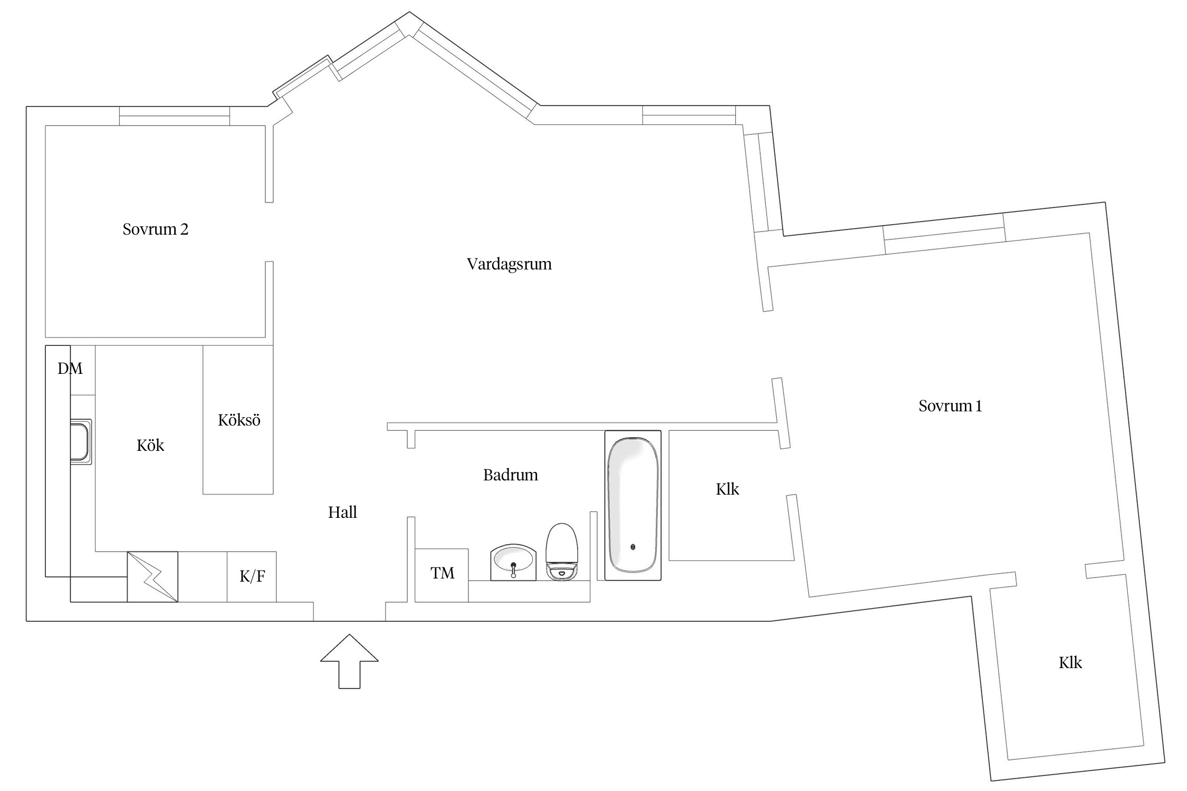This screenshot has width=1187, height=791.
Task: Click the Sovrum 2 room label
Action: pyautogui.click(x=155, y=229)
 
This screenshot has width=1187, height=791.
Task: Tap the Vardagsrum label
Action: pyautogui.click(x=509, y=264)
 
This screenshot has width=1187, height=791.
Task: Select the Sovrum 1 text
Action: pyautogui.click(x=950, y=406)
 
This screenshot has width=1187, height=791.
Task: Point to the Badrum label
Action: pyautogui.click(x=510, y=475)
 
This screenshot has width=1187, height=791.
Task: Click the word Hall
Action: pyautogui.click(x=342, y=513)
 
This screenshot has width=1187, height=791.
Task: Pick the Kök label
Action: pyautogui.click(x=150, y=446)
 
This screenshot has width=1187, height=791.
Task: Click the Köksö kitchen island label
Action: pyautogui.click(x=239, y=420)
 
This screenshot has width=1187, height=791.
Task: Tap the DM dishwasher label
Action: pyautogui.click(x=70, y=369)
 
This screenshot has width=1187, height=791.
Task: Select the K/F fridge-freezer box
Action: pyautogui.click(x=252, y=577)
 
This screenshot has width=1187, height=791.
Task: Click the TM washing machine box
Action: pyautogui.click(x=442, y=575)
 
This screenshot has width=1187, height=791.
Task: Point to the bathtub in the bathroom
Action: pyautogui.click(x=633, y=505)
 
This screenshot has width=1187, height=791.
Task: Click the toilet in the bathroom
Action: pyautogui.click(x=562, y=552)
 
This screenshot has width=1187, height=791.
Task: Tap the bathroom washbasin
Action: pyautogui.click(x=513, y=563)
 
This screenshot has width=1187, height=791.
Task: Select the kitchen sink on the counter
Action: pyautogui.click(x=81, y=441)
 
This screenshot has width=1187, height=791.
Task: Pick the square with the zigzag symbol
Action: pyautogui.click(x=152, y=577)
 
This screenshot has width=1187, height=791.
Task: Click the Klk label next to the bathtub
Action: pyautogui.click(x=727, y=489)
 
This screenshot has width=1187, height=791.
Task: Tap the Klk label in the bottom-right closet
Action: pyautogui.click(x=1070, y=663)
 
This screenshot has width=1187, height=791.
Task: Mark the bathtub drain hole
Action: pyautogui.click(x=633, y=547)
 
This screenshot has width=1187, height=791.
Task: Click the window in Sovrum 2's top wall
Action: pyautogui.click(x=174, y=116)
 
